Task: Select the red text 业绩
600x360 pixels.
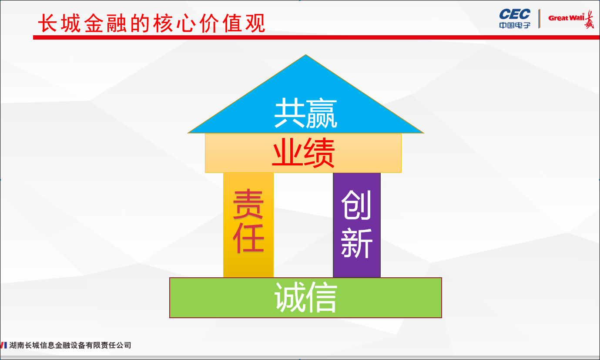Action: [x=303, y=153]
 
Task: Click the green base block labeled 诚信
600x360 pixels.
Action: [x=218, y=298]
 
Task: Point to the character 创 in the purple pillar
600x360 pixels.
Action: [x=356, y=205]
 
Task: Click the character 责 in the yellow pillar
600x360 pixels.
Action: [x=248, y=205]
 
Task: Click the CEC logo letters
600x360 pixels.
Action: [x=515, y=14]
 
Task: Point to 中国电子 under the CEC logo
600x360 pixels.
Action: [x=515, y=25]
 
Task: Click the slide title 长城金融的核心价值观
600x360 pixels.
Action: [x=151, y=23]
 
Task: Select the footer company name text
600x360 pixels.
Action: [x=70, y=345]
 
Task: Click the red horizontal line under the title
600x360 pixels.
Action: [x=305, y=37]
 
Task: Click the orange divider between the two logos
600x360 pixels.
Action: [x=540, y=18]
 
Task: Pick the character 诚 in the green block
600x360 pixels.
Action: [x=289, y=298]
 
